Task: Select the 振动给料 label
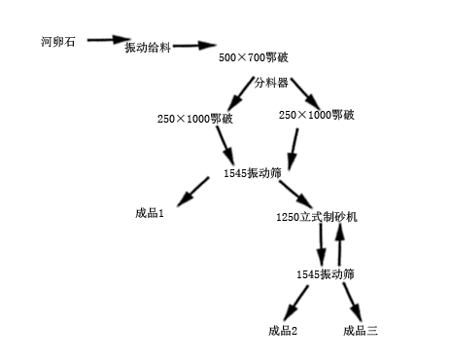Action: pos(148,48)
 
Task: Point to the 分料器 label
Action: pos(272,82)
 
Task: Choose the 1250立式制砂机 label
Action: pos(317,216)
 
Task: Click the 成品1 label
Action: pos(150,212)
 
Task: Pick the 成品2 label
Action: pos(283,331)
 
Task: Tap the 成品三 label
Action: pos(360,331)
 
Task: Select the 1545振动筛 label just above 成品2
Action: pos(326,274)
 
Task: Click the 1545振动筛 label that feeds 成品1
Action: pos(251,173)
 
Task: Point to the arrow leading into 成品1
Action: pos(193,189)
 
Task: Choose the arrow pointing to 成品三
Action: pos(351,301)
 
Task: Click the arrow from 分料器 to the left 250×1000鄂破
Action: pos(238,96)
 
